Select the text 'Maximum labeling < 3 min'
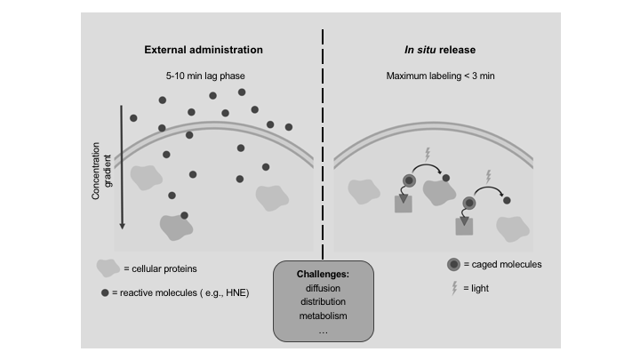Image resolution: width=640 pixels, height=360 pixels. [433, 76]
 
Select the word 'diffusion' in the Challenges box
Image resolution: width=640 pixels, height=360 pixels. [319, 288]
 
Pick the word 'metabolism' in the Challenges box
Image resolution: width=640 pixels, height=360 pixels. [319, 316]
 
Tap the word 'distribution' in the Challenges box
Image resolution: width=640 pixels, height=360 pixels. [319, 301]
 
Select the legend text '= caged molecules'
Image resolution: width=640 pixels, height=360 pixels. [506, 264]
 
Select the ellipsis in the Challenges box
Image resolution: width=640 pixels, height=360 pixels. [319, 330]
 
